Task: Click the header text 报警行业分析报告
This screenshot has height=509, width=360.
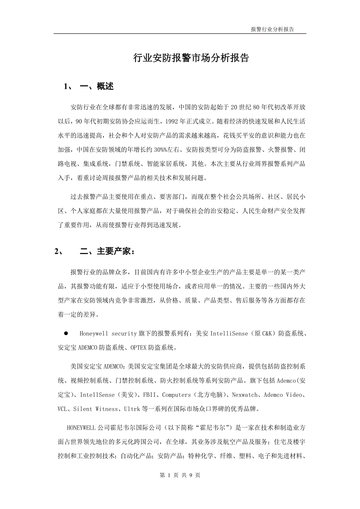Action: (272, 29)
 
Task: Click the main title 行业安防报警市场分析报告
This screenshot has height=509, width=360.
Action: (191, 58)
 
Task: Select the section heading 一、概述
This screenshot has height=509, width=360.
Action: (97, 86)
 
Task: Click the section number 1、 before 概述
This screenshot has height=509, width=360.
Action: (68, 86)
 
